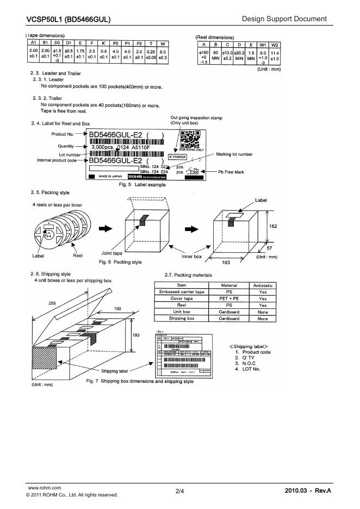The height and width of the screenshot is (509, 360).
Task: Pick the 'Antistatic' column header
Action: click(263, 285)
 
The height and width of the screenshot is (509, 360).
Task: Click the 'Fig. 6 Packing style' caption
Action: click(120, 262)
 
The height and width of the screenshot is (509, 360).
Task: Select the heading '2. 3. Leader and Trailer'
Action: click(56, 73)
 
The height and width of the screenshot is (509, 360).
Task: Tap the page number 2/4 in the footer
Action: click(179, 492)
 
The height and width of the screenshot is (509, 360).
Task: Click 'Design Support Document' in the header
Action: click(284, 20)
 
